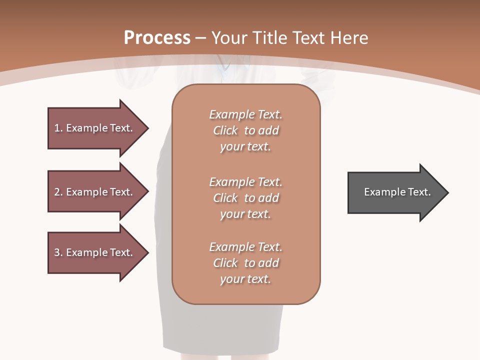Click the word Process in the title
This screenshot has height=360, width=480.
click(x=157, y=38)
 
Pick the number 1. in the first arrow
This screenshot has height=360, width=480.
click(x=58, y=128)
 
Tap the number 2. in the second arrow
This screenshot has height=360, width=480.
click(x=58, y=192)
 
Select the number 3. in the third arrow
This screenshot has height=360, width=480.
click(x=58, y=252)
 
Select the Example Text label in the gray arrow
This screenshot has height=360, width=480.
click(x=397, y=192)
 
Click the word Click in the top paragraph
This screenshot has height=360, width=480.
click(x=225, y=130)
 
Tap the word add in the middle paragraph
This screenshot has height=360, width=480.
click(x=269, y=198)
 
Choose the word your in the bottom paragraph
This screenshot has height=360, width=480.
click(x=231, y=279)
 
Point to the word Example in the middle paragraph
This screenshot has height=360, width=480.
click(x=231, y=182)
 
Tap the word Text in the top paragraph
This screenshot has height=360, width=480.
click(x=270, y=114)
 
